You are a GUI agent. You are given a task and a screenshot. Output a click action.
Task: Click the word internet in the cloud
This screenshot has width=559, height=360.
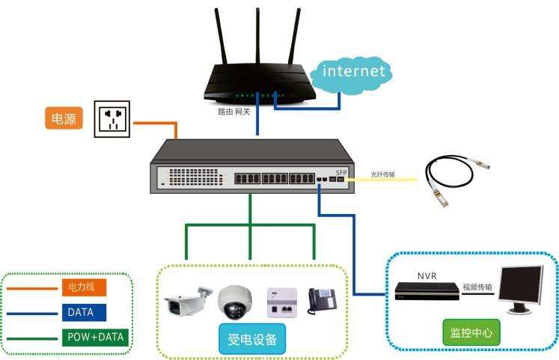pyautogui.click(x=354, y=71)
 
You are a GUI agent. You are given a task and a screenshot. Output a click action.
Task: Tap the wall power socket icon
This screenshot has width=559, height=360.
pyautogui.click(x=112, y=119)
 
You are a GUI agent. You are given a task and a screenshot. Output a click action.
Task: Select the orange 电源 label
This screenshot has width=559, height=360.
pyautogui.click(x=64, y=118)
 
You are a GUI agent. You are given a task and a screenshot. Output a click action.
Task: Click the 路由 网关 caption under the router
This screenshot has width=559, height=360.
pyautogui.click(x=234, y=112)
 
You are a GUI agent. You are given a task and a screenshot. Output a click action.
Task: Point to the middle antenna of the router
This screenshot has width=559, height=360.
pyautogui.click(x=257, y=36)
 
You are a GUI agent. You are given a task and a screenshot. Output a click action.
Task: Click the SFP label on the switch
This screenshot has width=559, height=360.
pyautogui.click(x=340, y=172)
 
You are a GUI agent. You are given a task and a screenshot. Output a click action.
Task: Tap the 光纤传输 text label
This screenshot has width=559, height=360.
pyautogui.click(x=382, y=174)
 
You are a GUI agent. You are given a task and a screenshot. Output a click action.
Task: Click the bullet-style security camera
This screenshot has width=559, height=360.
pyautogui.click(x=187, y=300)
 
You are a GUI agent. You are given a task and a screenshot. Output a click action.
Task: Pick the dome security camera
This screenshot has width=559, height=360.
pyautogui.click(x=234, y=302)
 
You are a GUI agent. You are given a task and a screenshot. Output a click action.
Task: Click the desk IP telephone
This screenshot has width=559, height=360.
pyautogui.click(x=322, y=301)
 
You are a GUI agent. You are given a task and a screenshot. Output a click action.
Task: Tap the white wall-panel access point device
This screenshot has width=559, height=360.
pyautogui.click(x=282, y=302)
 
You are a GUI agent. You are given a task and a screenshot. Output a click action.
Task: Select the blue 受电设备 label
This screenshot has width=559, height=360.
pyautogui.click(x=252, y=339)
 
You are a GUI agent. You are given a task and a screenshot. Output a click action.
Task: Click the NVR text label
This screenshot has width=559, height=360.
pyautogui.click(x=427, y=276)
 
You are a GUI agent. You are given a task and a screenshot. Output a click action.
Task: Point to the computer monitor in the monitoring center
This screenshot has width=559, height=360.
pyautogui.click(x=522, y=290)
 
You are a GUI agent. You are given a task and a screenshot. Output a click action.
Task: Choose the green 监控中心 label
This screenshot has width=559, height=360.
pyautogui.click(x=471, y=332)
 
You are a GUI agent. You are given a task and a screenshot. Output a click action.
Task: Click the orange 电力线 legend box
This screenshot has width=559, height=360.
pyautogui.click(x=84, y=287)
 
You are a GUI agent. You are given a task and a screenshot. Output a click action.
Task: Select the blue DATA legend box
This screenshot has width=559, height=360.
pyautogui.click(x=84, y=313)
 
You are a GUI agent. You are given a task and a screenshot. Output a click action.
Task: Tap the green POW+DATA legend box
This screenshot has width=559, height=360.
pyautogui.click(x=95, y=338)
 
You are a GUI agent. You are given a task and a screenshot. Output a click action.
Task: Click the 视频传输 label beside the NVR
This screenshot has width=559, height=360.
pyautogui.click(x=477, y=287)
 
